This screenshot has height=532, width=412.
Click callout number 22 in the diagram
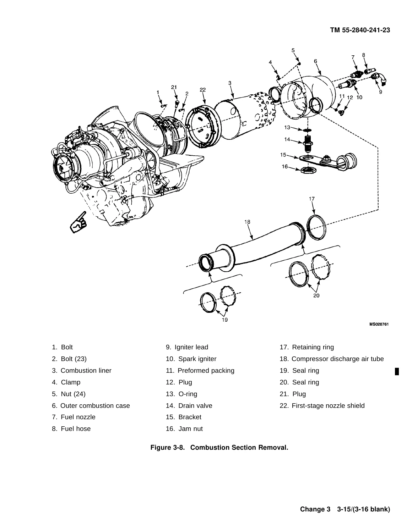pos(202,90)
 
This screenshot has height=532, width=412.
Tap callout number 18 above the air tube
pos(247,222)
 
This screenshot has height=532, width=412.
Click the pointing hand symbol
pos(78,222)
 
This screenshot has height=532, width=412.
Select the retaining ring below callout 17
pos(316,227)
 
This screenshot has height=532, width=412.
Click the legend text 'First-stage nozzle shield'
pos(328,406)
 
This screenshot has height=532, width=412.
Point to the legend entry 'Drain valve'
pos(195,406)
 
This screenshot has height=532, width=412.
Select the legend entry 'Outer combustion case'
pos(95,406)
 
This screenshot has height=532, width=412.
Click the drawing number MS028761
pos(379,325)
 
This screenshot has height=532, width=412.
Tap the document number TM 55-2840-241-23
pos(360,30)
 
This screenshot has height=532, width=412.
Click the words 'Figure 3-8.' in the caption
pos(168,448)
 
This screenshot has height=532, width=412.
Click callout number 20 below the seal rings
pos(316,295)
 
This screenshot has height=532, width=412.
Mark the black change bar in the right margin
pos(397,371)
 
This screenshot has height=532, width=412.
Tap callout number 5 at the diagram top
pos(293,50)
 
